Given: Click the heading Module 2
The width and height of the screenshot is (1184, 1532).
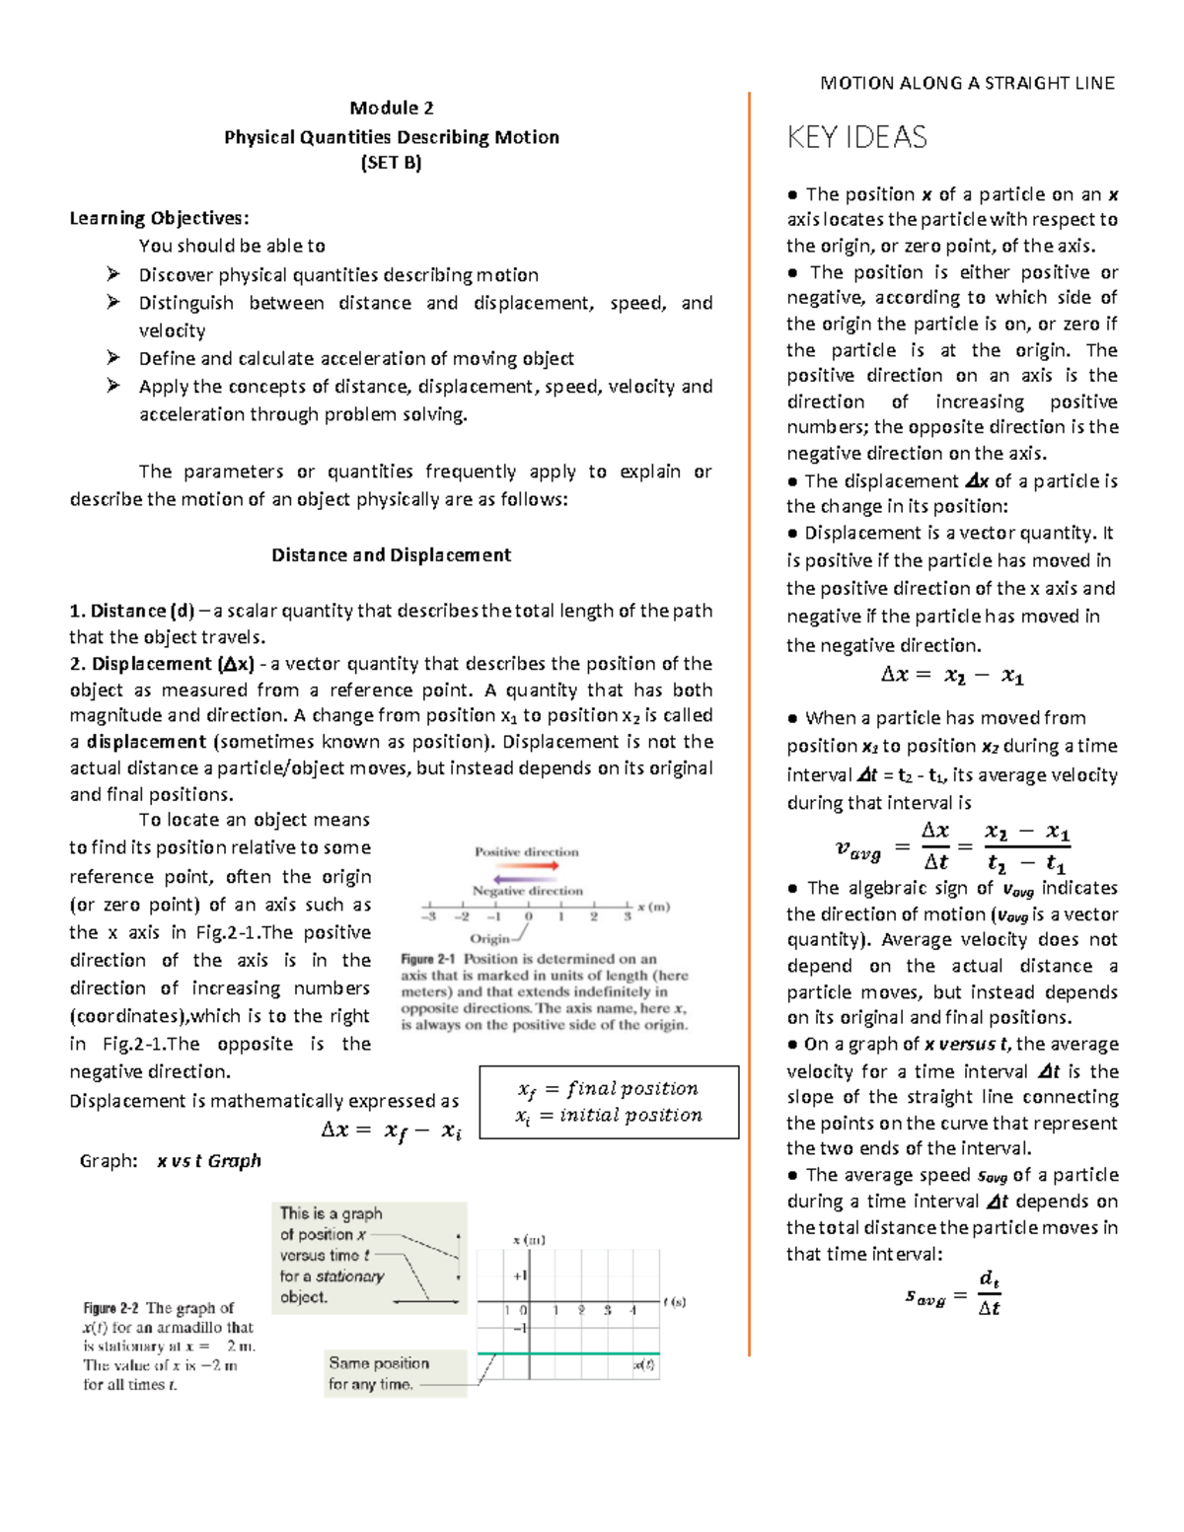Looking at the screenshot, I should click(x=392, y=108).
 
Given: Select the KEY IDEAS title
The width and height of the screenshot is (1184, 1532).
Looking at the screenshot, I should click(x=856, y=137).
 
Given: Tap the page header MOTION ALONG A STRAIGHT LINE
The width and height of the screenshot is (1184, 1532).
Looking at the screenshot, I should click(x=967, y=83).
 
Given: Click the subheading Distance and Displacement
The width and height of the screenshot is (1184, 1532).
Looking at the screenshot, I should click(x=391, y=554).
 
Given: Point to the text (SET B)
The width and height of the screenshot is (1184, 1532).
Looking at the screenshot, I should click(x=392, y=164).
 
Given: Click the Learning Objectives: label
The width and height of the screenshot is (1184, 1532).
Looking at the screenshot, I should click(x=159, y=218).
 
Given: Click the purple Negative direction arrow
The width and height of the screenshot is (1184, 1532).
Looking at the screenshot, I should click(x=526, y=878).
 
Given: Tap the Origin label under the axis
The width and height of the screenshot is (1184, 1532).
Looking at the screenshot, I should click(x=489, y=938).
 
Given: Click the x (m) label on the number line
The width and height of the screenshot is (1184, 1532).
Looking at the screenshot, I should click(x=653, y=907).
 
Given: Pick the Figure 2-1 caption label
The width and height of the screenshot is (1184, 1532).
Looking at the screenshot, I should click(x=429, y=959).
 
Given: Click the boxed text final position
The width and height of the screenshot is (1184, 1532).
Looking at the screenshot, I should click(x=632, y=1088).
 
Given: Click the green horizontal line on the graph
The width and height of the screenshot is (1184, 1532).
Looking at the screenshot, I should click(x=567, y=1353).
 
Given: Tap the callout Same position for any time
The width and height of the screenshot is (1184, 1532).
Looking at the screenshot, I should click(x=380, y=1373).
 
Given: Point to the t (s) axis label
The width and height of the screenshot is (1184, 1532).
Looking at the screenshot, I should click(x=674, y=1302).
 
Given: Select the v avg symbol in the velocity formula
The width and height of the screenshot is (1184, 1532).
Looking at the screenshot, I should click(x=857, y=847).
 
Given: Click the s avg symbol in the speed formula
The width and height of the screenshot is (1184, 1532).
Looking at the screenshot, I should click(x=924, y=1297).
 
